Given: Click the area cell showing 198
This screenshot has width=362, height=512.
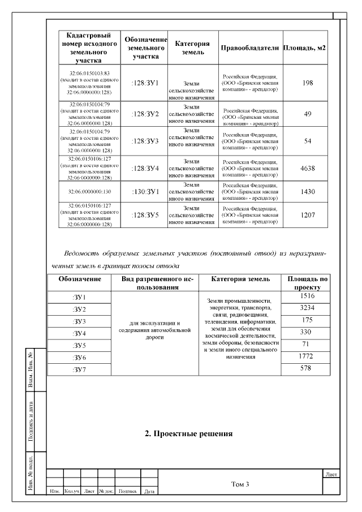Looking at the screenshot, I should pos(308,83).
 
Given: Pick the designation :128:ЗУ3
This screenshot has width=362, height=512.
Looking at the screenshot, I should pos(145,141).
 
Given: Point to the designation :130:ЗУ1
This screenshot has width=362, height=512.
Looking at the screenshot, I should pos(145,192).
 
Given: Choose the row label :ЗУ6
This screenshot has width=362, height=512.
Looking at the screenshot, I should pos(79,358).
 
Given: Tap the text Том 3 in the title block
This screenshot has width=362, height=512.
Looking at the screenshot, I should pos(240,484).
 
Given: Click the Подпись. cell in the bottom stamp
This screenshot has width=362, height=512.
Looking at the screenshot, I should pos(128,491).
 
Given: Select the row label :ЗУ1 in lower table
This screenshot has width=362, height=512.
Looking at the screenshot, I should pos(79,298).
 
